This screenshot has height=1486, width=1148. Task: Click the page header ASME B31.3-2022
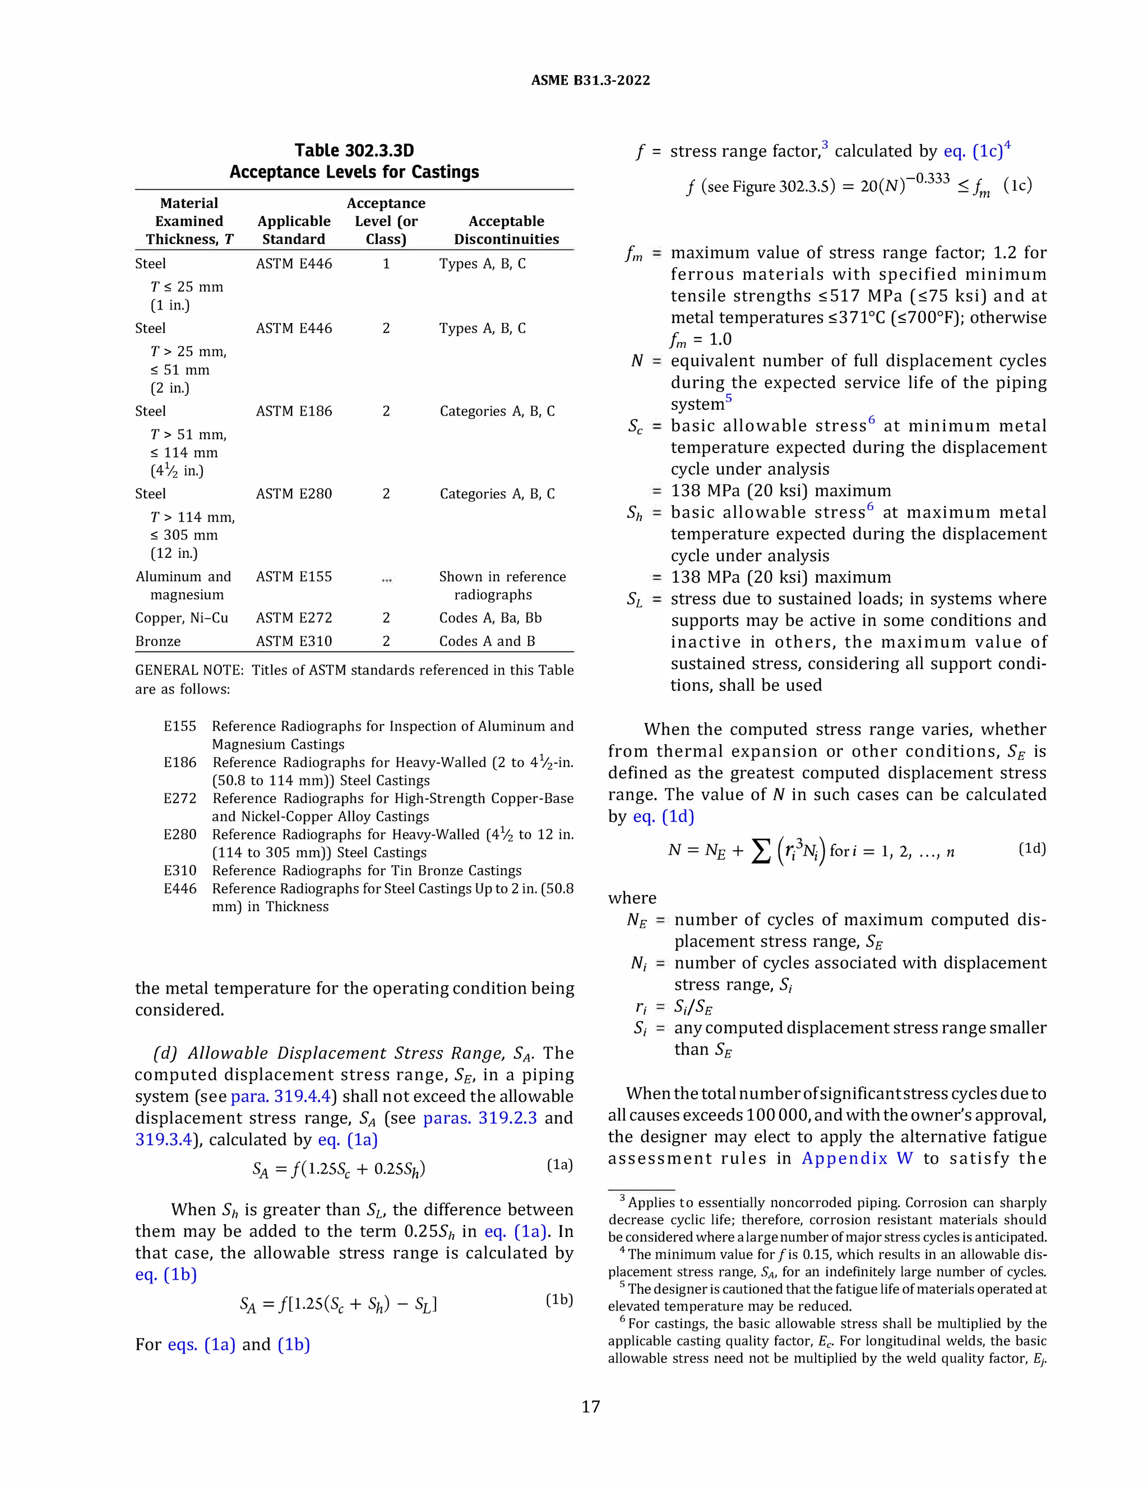tap(590, 80)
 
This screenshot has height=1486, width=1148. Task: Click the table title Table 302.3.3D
tap(354, 150)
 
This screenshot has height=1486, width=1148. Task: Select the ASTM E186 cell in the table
tap(294, 411)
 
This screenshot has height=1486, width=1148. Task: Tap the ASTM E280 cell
tap(294, 494)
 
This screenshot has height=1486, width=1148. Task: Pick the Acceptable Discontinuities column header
tap(506, 230)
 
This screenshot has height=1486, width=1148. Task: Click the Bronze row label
tap(158, 641)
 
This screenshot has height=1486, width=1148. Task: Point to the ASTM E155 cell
tap(294, 576)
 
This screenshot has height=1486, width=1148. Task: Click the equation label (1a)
tap(560, 1165)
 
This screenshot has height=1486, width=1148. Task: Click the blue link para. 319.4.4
tap(281, 1096)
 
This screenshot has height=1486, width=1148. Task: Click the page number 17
tap(590, 1406)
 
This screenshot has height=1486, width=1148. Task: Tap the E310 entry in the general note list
tap(179, 871)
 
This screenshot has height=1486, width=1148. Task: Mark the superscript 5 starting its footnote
tap(622, 1285)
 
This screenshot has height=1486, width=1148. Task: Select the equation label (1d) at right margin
tap(1032, 848)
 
